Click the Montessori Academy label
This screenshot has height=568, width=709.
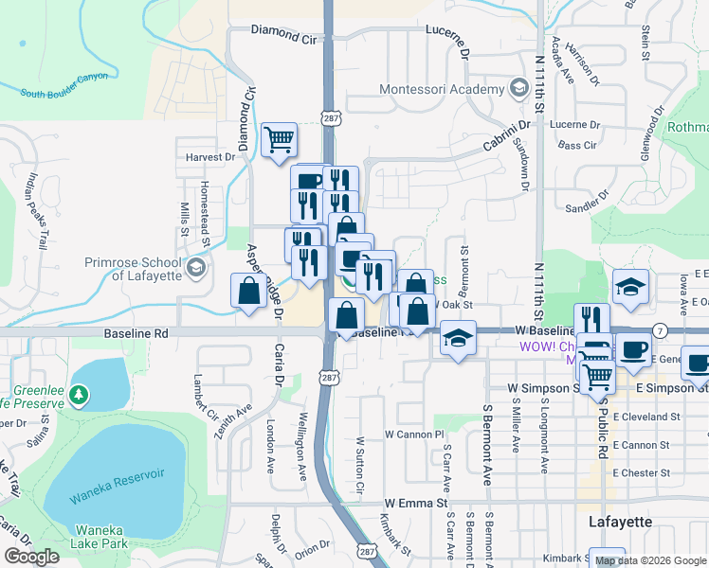[x=441, y=90]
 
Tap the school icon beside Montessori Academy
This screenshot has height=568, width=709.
[x=518, y=90]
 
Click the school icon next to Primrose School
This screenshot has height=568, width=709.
[x=197, y=268]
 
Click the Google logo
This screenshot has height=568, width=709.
[x=32, y=556]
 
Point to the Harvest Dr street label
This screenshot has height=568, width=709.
[x=210, y=157]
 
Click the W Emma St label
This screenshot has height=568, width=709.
[x=415, y=504]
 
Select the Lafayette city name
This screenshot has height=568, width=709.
[x=620, y=522]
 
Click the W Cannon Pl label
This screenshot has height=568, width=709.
[x=414, y=434]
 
